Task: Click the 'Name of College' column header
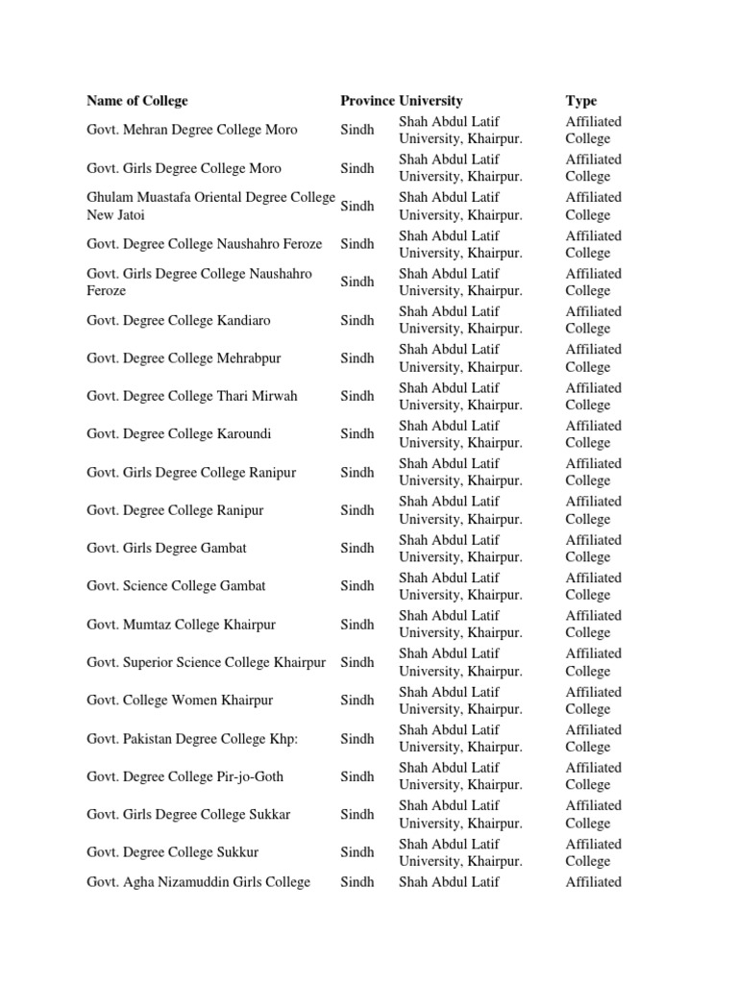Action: tap(137, 101)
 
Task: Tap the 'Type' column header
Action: tap(581, 101)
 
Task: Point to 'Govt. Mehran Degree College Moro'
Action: tap(192, 130)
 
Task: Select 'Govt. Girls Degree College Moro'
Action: tap(184, 168)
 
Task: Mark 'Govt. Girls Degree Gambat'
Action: tap(166, 548)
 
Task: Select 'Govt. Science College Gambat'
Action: tap(176, 585)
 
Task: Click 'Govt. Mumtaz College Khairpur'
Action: tap(181, 624)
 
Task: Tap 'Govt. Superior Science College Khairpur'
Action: tap(206, 662)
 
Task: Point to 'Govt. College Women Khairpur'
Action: tap(179, 700)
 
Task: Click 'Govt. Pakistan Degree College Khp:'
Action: tap(189, 738)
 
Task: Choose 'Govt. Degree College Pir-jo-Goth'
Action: tap(184, 775)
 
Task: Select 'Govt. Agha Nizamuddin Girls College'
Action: tap(198, 881)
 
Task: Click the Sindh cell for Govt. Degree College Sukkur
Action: tap(357, 851)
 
